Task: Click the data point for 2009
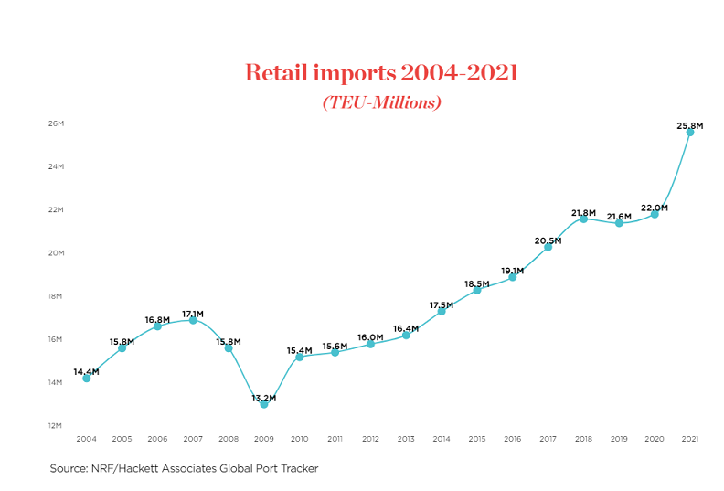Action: tap(264, 403)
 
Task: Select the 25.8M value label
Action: tap(689, 126)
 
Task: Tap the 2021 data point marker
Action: tap(690, 132)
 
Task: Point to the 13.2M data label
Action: tap(264, 398)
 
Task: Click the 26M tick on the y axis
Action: tap(57, 123)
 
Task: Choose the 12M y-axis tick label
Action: tap(57, 425)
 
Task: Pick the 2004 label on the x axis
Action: tap(86, 440)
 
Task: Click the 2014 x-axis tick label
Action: tap(442, 440)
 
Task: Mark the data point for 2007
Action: tap(193, 320)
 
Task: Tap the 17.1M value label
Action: tap(193, 314)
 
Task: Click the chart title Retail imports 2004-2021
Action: tap(381, 73)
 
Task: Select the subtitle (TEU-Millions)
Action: tap(381, 102)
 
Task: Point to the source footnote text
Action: tap(184, 468)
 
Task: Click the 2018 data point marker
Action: tap(583, 219)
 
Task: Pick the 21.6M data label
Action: tap(619, 217)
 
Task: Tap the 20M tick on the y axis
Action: tap(57, 253)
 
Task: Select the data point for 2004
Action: tap(86, 378)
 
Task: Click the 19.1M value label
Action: tap(512, 271)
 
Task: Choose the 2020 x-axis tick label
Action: tap(655, 440)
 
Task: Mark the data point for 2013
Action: tap(406, 335)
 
